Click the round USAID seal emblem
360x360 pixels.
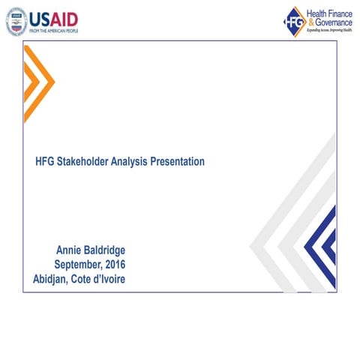[x=16, y=22]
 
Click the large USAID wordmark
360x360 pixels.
[x=52, y=19]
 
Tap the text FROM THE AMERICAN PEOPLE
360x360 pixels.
[x=52, y=32]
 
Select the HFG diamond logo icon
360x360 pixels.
[x=294, y=21]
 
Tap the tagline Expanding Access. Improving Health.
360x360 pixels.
[x=329, y=32]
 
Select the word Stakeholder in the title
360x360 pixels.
[x=83, y=161]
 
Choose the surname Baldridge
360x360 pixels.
[x=106, y=250]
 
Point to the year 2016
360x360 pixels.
[x=115, y=265]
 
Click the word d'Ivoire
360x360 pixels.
[x=109, y=279]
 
